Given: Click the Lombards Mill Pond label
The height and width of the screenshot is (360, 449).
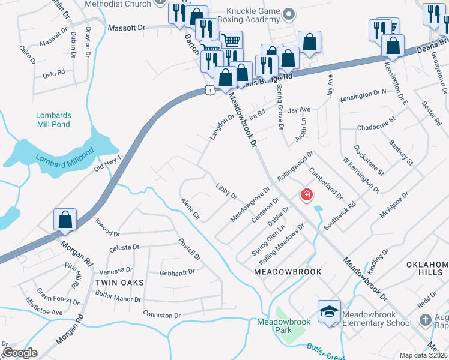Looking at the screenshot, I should [53, 119].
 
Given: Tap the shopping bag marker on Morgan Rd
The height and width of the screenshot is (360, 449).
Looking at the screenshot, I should [65, 220].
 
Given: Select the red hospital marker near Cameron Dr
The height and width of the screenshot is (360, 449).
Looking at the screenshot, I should [306, 195].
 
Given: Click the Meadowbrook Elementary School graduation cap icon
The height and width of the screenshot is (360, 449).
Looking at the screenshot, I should [329, 311].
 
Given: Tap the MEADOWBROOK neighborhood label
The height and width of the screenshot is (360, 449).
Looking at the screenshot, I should [288, 272].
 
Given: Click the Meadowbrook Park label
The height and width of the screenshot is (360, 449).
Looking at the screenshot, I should [283, 326].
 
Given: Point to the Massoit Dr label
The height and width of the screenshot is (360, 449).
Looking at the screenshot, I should [127, 28].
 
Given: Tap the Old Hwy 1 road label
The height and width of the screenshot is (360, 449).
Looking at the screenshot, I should [108, 163].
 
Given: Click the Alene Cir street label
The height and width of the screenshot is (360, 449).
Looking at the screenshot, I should [190, 208].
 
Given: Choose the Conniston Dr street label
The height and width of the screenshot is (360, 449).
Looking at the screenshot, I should [161, 315].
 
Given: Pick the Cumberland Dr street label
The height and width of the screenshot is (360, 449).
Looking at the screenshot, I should [326, 182].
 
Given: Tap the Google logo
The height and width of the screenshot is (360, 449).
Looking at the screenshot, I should [19, 353].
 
